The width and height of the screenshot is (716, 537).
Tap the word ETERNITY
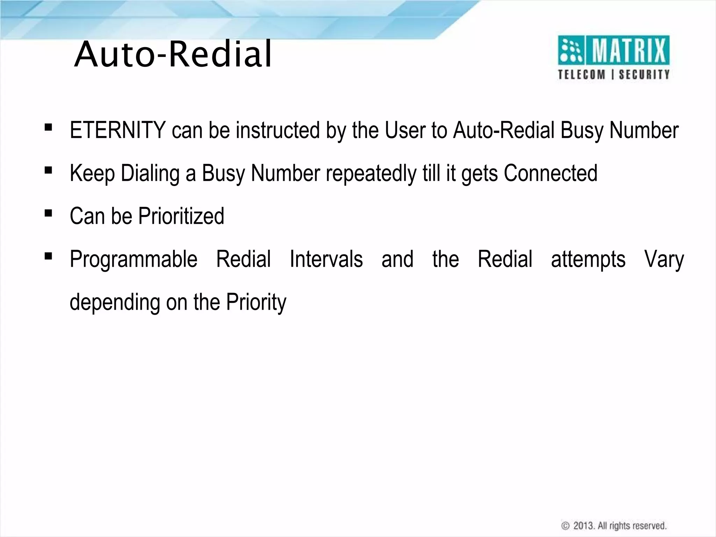click(x=117, y=130)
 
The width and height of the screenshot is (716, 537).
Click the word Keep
click(x=92, y=173)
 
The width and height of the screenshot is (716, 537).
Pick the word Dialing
click(x=150, y=173)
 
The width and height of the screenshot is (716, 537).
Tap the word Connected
click(x=550, y=173)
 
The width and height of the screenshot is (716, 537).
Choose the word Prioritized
click(x=181, y=216)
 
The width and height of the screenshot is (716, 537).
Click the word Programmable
click(x=134, y=259)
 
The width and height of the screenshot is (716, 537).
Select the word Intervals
click(x=326, y=259)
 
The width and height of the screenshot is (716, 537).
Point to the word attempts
click(x=588, y=259)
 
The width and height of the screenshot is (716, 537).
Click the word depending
click(x=115, y=302)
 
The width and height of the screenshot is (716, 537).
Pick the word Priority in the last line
click(x=256, y=302)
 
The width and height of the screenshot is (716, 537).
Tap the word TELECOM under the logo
click(x=581, y=74)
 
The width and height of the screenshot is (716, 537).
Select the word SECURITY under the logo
click(x=644, y=74)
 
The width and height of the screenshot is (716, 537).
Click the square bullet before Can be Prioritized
click(x=48, y=213)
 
